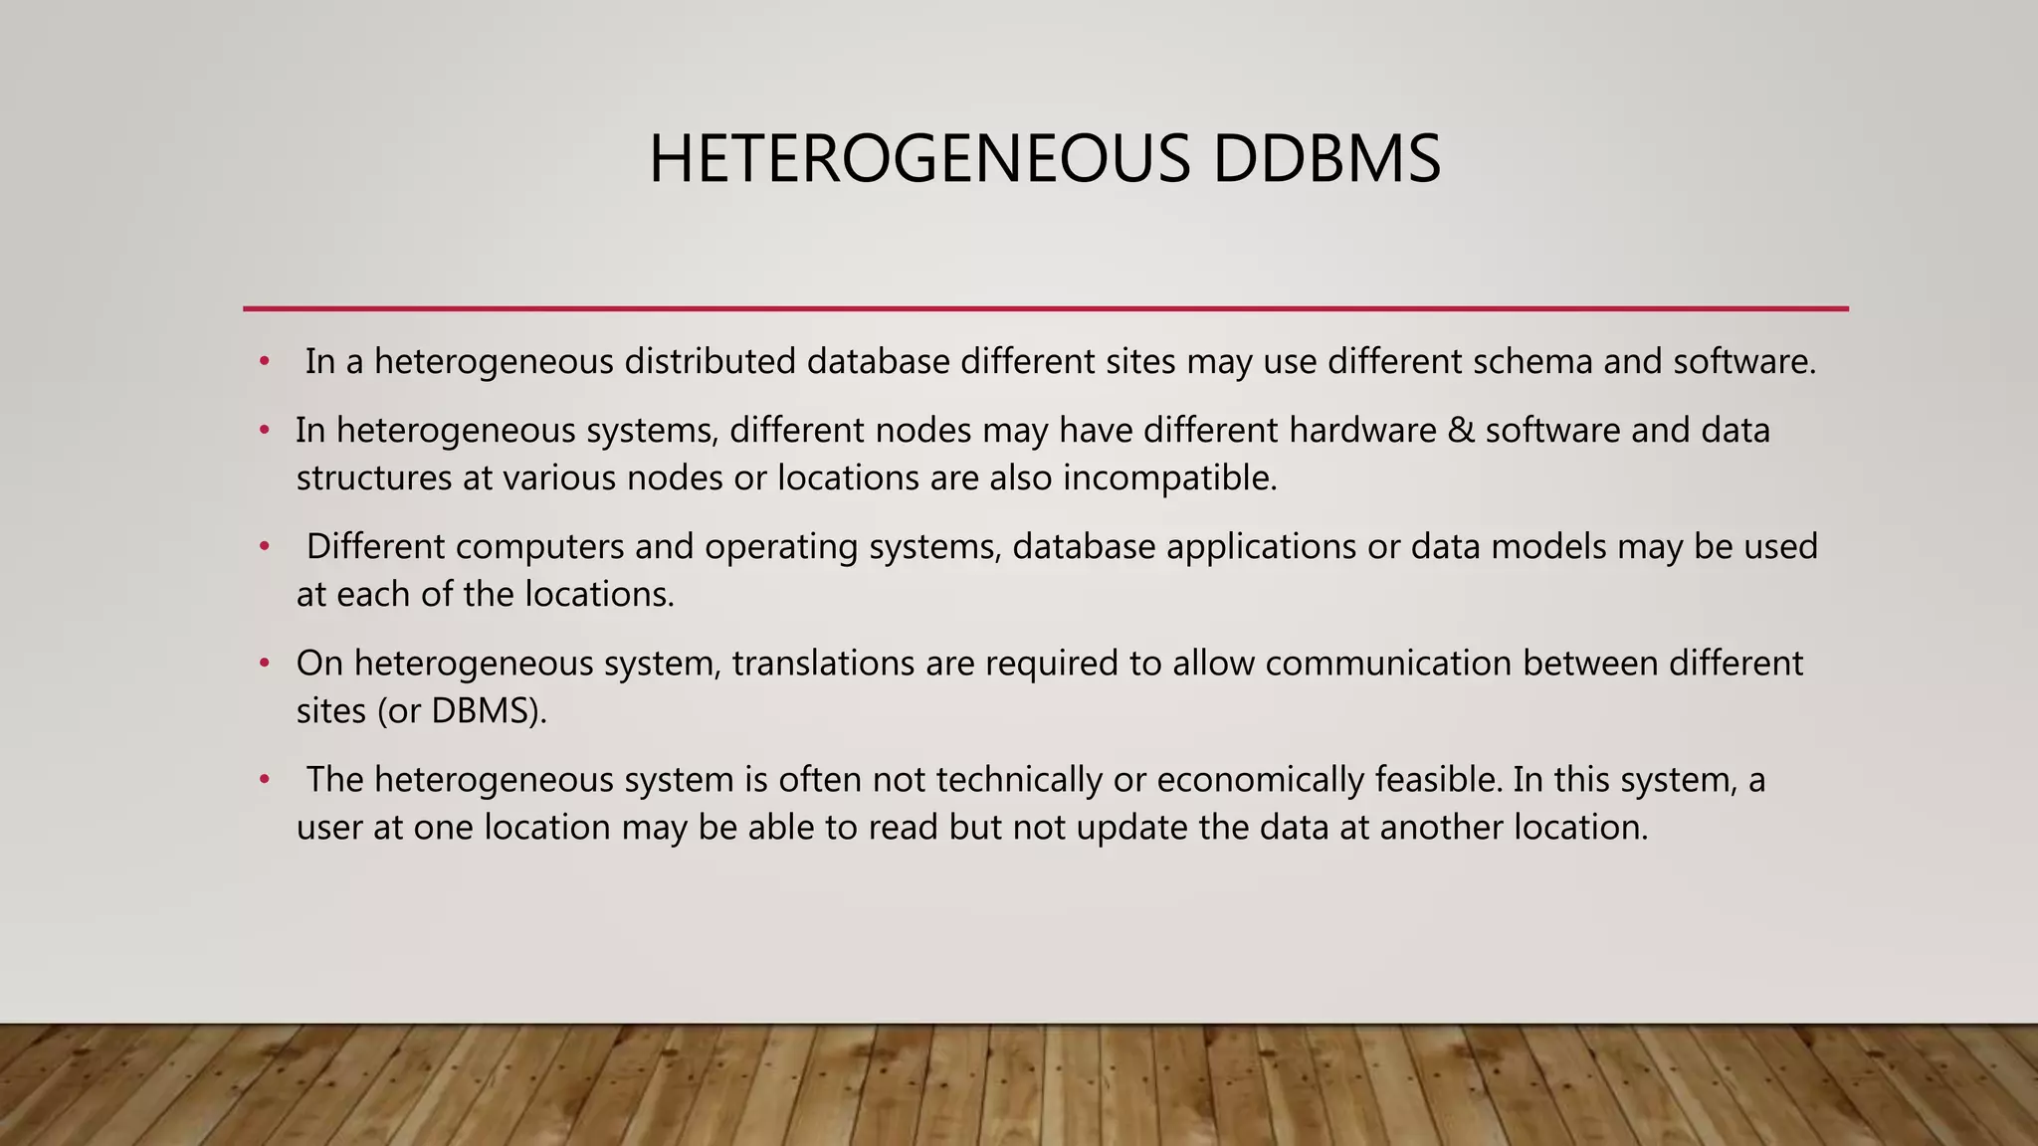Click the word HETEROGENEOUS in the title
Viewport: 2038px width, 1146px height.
coord(918,159)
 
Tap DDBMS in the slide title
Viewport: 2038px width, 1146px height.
coord(1326,159)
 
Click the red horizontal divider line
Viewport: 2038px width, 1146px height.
coord(1045,308)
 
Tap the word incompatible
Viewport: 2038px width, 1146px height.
coord(1169,478)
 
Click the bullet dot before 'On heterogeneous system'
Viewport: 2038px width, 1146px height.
coord(265,664)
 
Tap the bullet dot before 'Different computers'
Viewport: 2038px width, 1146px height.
coord(265,547)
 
